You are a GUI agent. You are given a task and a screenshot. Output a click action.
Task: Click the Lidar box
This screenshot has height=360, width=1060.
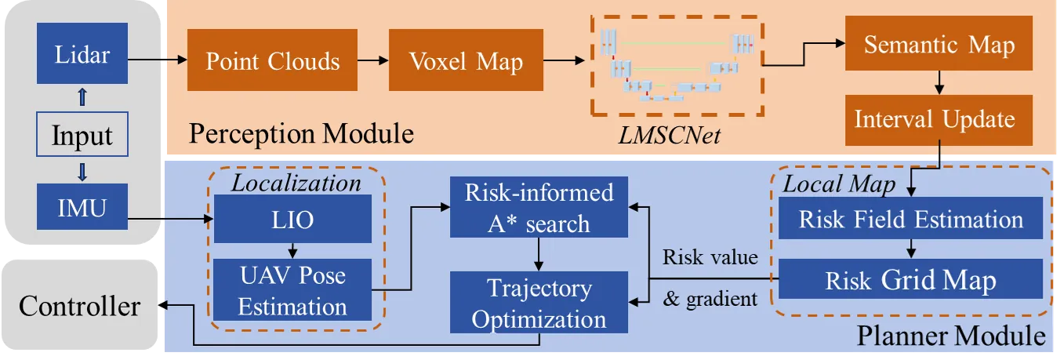(82, 56)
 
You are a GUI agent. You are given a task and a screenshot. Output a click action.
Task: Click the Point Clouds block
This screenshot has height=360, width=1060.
(273, 61)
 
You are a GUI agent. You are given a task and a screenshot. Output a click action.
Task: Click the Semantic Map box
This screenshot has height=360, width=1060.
(938, 45)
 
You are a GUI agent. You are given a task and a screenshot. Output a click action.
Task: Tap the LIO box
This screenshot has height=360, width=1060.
(293, 219)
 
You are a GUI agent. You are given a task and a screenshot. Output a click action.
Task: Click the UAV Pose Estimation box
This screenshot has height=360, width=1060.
(293, 290)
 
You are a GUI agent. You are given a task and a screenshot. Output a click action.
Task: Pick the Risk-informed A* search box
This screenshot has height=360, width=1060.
(539, 208)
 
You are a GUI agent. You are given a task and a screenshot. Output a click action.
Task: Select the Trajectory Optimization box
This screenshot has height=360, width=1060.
(539, 304)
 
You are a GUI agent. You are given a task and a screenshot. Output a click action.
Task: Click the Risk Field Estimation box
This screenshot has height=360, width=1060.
(910, 219)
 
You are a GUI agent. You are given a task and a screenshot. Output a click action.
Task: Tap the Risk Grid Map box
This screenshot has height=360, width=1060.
(910, 281)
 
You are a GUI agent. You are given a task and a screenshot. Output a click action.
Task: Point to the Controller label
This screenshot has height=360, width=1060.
(80, 306)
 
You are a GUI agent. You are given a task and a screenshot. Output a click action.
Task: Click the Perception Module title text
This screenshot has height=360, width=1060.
(301, 133)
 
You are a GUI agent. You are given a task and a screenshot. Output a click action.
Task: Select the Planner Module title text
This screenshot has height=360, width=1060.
(951, 337)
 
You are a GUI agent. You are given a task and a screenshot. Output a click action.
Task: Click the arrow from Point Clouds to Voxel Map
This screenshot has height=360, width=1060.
(373, 60)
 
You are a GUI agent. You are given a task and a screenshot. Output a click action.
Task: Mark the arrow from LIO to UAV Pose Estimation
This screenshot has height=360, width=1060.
(292, 251)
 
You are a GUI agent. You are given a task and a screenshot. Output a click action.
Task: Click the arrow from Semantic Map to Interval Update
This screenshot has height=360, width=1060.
(938, 83)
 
